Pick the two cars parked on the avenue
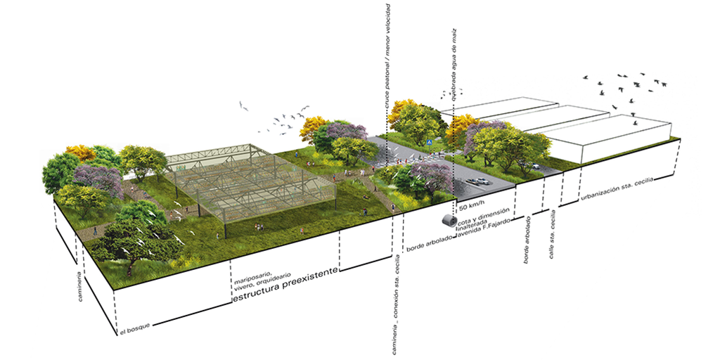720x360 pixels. coord(478,181)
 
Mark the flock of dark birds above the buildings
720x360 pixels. coord(622,88)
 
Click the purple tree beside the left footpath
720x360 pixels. coord(98,179)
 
